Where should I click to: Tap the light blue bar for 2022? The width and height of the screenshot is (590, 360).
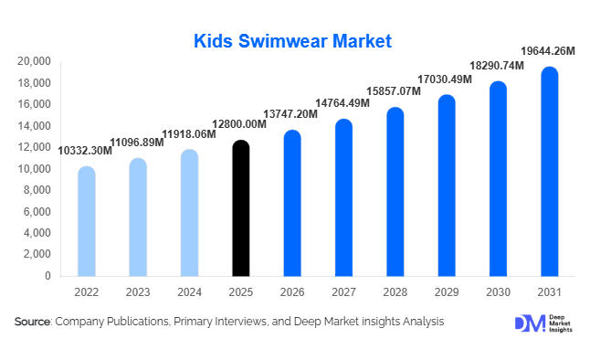tap(86, 221)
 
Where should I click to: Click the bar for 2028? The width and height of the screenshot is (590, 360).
tap(395, 192)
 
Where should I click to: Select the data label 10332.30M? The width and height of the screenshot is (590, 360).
tap(85, 149)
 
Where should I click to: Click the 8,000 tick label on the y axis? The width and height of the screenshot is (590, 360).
tap(37, 190)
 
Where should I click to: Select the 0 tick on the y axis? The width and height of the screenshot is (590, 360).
tap(47, 276)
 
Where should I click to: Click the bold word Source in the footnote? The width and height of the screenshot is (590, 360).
tap(32, 322)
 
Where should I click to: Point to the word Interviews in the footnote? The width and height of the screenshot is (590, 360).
tap(240, 322)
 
